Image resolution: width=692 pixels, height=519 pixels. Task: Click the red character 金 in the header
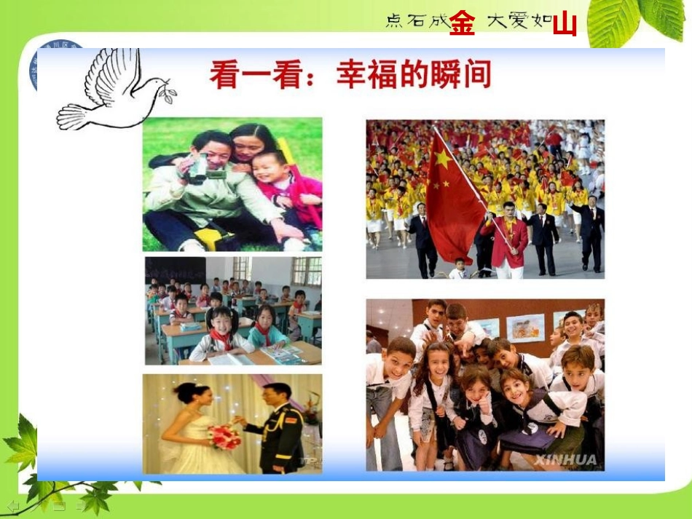pyautogui.click(x=462, y=23)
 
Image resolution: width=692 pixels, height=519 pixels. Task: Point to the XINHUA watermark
pyautogui.click(x=565, y=459)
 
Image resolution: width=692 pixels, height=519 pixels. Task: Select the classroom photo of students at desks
pyautogui.click(x=232, y=311)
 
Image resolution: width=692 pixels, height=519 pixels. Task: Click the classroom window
pyautogui.click(x=307, y=270)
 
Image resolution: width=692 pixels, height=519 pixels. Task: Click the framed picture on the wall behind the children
pyautogui.click(x=525, y=328)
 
